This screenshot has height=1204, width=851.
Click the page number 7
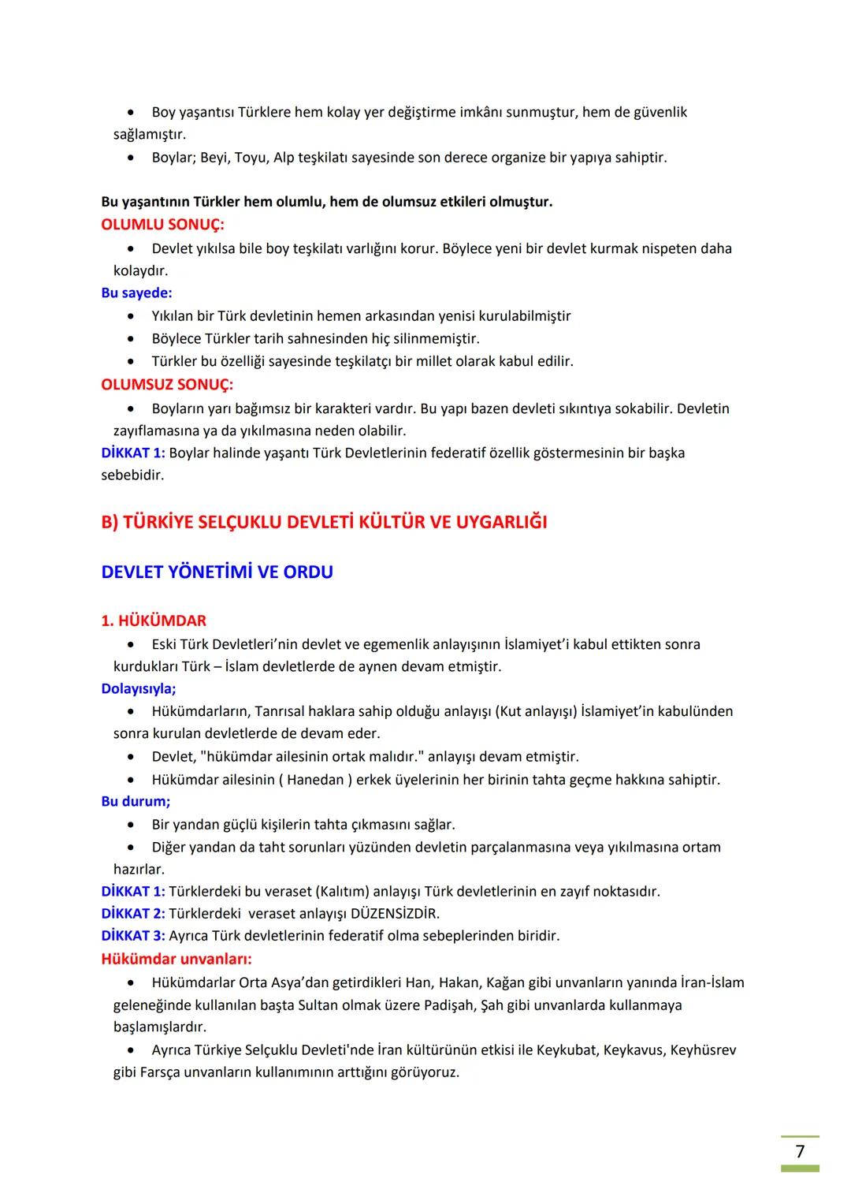tap(800, 1151)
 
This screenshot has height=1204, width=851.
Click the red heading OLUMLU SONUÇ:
tap(162, 225)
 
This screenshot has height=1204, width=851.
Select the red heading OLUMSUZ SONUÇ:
tap(167, 385)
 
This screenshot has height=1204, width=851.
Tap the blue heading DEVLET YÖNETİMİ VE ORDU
tap(217, 572)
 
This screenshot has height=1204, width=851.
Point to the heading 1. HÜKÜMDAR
tap(154, 621)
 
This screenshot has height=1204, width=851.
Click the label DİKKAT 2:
tap(133, 913)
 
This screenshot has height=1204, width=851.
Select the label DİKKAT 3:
tap(133, 935)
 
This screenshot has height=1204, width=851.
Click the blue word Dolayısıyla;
tap(139, 688)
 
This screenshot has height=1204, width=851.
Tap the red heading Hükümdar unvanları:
tap(177, 959)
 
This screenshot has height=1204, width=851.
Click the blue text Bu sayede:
tap(136, 293)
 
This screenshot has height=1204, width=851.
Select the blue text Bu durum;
tap(136, 801)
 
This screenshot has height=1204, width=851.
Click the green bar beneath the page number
tap(800, 1169)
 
